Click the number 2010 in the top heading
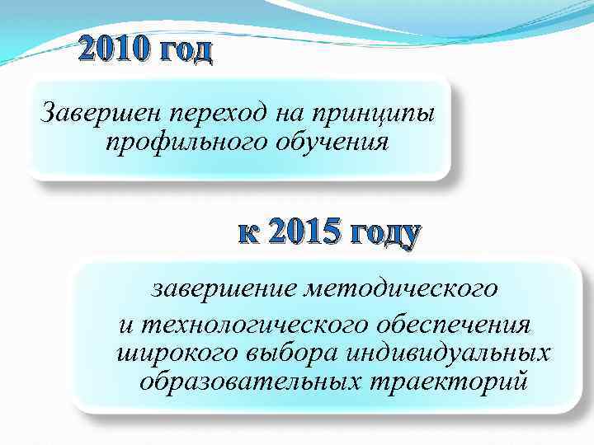[x=115, y=51]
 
